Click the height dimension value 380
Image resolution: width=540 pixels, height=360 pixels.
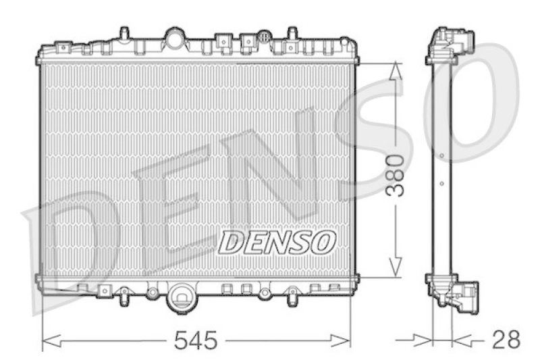pos(396,174)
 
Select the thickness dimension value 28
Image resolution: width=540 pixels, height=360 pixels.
pos(506,340)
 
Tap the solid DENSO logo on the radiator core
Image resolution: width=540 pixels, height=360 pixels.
pos(277,241)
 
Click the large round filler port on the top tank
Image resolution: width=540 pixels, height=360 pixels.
pos(175,38)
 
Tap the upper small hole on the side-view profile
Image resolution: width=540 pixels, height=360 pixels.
pos(441,157)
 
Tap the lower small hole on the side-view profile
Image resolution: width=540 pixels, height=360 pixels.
pos(441,182)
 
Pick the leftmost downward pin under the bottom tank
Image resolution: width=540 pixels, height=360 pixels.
pos(124,296)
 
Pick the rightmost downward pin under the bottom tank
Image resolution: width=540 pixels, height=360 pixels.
pos(292,296)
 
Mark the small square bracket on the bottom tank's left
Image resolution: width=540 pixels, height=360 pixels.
pos(104,290)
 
